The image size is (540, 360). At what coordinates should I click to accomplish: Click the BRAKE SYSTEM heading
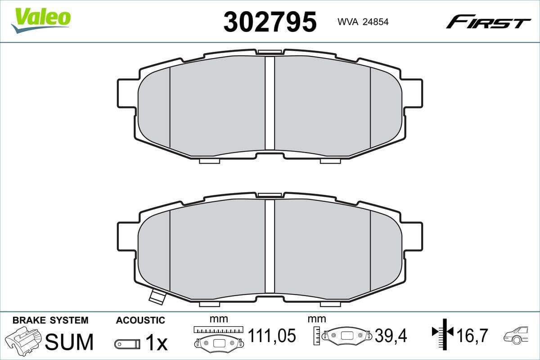point(50,320)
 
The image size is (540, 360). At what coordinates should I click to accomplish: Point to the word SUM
point(70,342)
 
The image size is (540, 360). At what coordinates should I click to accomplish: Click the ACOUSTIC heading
point(140,320)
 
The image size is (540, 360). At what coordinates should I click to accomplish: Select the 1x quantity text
point(156,343)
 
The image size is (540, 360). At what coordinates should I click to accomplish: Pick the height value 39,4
point(391,336)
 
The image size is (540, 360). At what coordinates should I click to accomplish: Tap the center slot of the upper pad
point(270,103)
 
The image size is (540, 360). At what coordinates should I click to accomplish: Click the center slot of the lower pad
point(270,245)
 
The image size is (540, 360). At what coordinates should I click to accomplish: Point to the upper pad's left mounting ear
point(126,93)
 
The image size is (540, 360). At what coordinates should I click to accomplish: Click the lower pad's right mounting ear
point(413,236)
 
